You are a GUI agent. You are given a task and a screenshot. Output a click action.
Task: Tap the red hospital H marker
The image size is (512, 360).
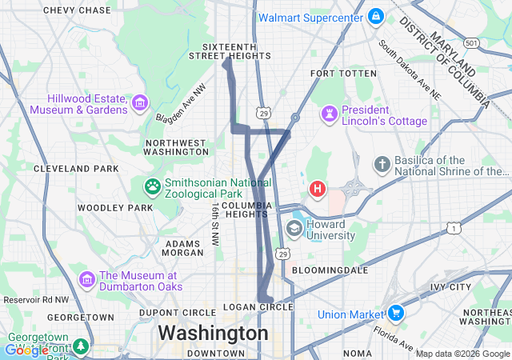click(318, 190)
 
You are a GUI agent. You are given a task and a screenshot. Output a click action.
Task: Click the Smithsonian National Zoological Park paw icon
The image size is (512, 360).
click(152, 187)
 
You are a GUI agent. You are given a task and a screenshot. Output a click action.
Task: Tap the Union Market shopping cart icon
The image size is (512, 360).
click(395, 314)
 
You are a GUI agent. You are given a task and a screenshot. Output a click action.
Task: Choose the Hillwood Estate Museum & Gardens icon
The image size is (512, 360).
click(141, 102)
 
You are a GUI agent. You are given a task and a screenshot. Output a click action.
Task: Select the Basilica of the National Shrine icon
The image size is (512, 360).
click(382, 165)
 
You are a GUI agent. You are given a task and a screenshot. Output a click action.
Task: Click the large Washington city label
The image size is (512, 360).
click(213, 332)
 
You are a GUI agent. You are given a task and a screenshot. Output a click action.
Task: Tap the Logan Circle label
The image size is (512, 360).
click(259, 307)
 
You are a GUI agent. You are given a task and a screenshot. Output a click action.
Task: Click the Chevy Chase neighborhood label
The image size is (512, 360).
click(77, 10)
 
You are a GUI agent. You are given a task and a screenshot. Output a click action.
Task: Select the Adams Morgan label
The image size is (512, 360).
click(182, 247)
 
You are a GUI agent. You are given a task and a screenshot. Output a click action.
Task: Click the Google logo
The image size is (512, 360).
click(26, 350)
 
